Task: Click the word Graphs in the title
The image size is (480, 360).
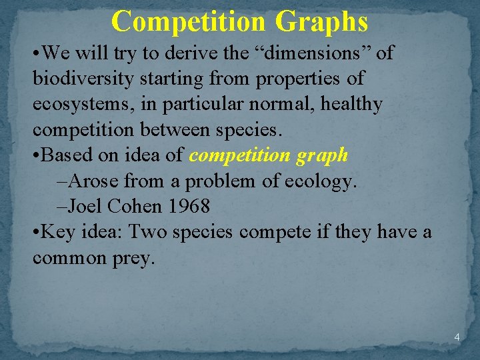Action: (321, 21)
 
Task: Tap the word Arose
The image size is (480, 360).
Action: (94, 181)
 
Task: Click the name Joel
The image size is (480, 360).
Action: (89, 206)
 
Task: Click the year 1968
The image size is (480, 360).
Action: (189, 206)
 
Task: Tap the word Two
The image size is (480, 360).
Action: (148, 232)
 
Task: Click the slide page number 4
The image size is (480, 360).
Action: (457, 337)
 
